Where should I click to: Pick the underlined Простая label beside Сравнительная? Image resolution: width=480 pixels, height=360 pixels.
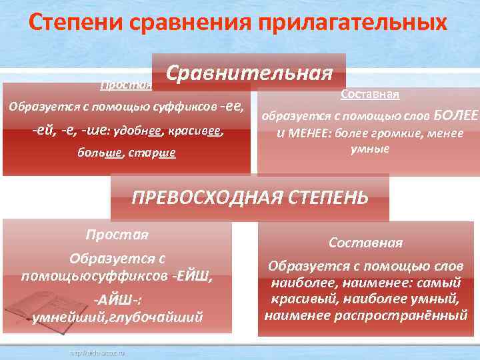(126, 85)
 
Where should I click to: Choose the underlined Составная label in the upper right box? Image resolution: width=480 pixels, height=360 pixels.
(369, 94)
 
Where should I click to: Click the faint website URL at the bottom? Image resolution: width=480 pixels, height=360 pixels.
(93, 351)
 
